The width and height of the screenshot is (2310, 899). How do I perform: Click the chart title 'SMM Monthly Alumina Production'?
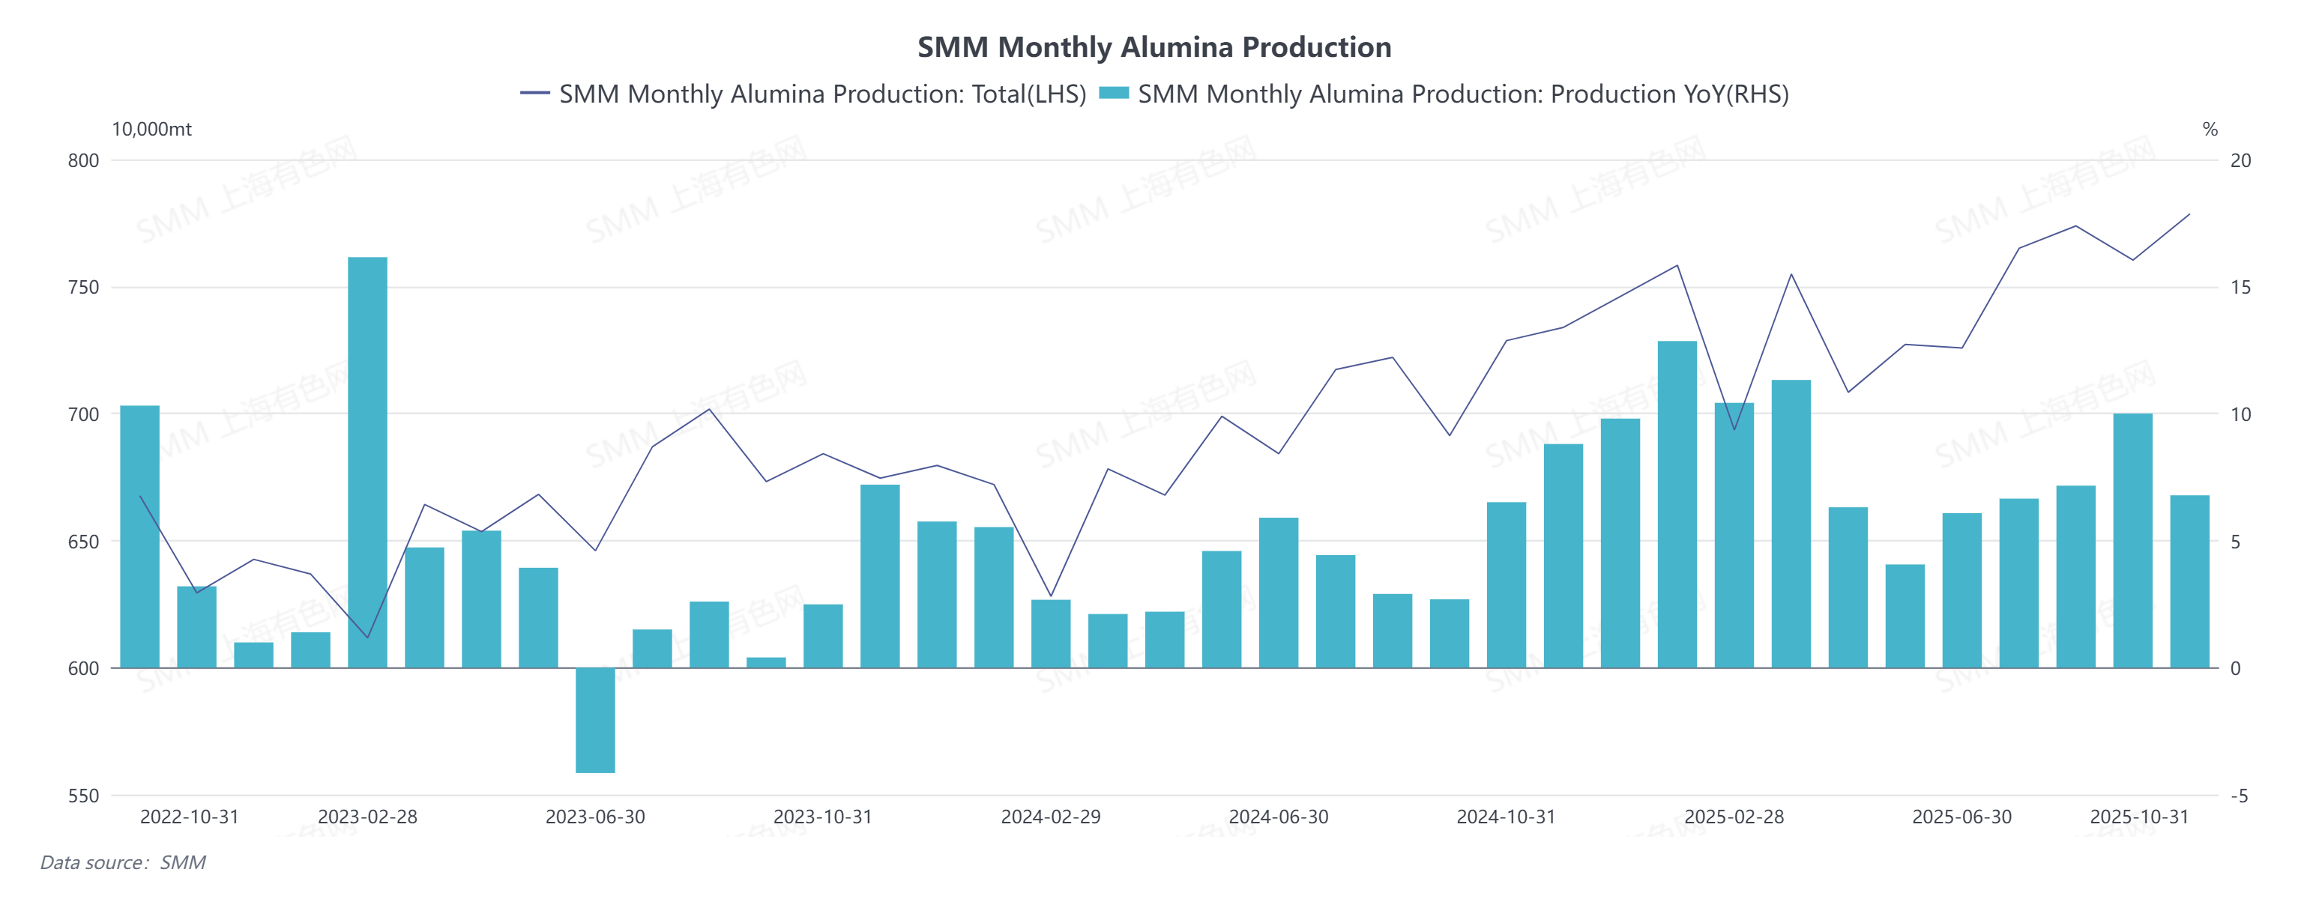pyautogui.click(x=1154, y=46)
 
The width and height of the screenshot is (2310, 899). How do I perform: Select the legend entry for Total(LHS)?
pyautogui.click(x=803, y=94)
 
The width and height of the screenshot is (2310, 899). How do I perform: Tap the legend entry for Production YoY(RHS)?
pyautogui.click(x=1444, y=94)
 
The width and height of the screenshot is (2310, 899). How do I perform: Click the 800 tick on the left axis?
pyautogui.click(x=83, y=160)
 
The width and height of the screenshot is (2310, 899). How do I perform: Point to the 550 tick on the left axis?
pyautogui.click(x=83, y=796)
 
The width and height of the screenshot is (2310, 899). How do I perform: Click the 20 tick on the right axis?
pyautogui.click(x=2240, y=160)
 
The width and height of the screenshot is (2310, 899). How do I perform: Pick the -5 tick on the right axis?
pyautogui.click(x=2239, y=796)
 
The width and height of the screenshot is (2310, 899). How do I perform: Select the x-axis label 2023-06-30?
pyautogui.click(x=595, y=817)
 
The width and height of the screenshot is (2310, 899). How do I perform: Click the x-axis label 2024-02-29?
pyautogui.click(x=1051, y=817)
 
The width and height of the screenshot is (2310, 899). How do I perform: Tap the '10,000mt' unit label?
pyautogui.click(x=151, y=129)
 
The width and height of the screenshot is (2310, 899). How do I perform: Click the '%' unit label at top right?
pyautogui.click(x=2210, y=129)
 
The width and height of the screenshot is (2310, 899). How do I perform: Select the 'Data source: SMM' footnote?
pyautogui.click(x=123, y=862)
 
